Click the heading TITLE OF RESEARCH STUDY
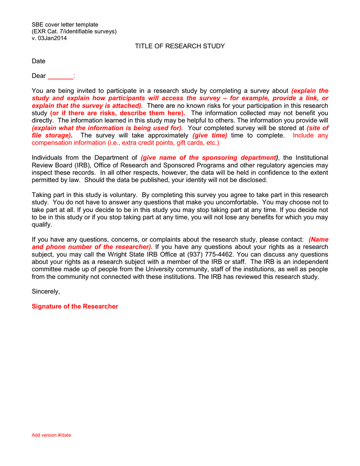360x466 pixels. coord(180,46)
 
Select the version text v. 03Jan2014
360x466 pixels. coord(49,38)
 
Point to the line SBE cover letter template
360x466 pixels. coord(65,25)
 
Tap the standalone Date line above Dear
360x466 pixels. coord(38,61)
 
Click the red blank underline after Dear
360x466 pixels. coord(60,76)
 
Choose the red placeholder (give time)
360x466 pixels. coord(210,136)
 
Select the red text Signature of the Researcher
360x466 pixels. coord(75,306)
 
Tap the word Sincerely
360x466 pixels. coord(46,291)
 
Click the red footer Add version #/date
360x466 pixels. coord(51,435)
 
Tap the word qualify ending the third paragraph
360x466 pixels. coord(42,225)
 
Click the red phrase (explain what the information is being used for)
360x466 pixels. coord(107,128)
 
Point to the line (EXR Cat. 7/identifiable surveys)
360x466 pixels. coord(74,31)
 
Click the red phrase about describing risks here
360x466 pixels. coord(117,113)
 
